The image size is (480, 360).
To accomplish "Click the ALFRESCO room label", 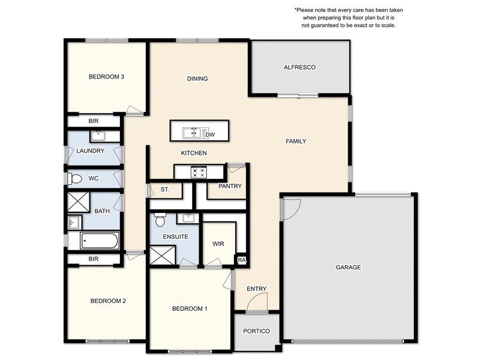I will (299, 67).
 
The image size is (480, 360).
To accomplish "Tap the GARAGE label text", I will (348, 267).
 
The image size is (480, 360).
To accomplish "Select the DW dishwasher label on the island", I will (210, 134).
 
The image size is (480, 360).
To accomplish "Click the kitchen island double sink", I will (194, 131).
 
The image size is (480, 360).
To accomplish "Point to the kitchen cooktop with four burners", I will (199, 172).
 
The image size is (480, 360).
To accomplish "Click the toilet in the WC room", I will (75, 178).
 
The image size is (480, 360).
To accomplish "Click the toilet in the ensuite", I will (160, 220).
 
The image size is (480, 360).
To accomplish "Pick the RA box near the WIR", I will (242, 260).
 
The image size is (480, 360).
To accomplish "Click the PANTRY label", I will (230, 186).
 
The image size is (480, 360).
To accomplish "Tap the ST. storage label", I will (165, 190).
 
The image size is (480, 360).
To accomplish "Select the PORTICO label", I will (256, 331).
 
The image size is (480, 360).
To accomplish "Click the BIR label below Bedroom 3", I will (94, 121).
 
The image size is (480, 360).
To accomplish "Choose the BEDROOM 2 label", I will (108, 301).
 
